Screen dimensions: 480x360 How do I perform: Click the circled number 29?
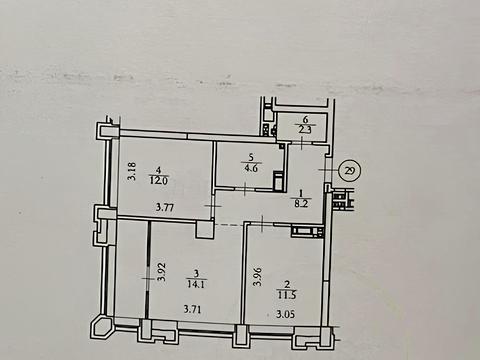[350, 169]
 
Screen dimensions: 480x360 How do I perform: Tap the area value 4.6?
[238, 169]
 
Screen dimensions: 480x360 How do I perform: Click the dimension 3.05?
[286, 314]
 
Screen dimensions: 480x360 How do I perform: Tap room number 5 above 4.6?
[238, 156]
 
